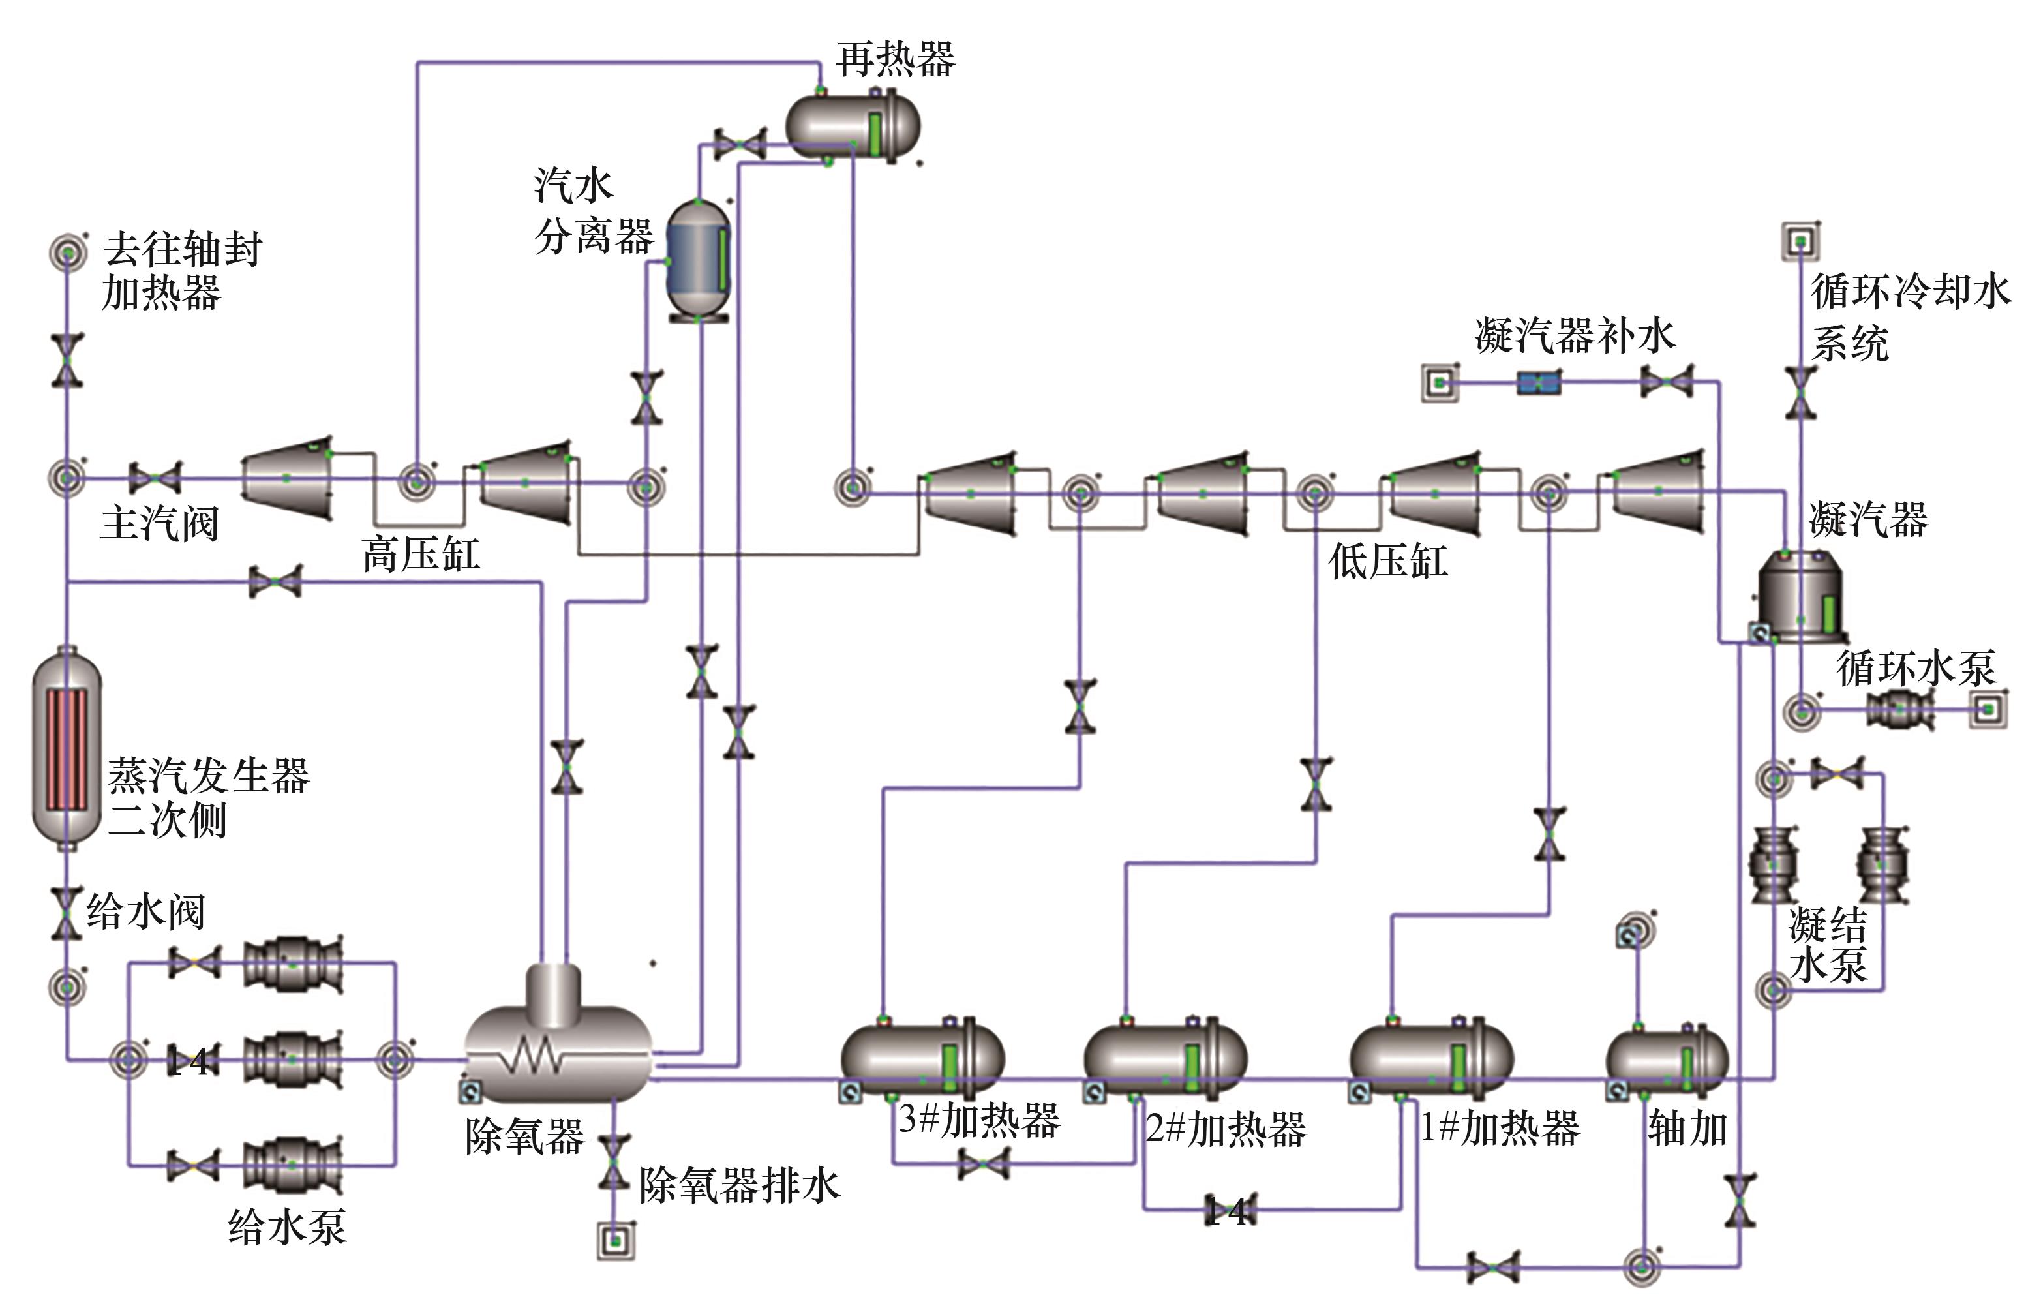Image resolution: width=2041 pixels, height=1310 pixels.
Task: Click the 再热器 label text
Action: (895, 59)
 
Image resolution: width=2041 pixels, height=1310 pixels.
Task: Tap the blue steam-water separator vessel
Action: (698, 260)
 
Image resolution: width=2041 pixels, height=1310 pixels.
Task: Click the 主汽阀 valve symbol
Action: (154, 478)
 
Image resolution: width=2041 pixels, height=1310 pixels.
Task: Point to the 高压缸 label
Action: (421, 555)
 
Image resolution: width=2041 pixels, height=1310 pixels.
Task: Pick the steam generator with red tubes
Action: (67, 748)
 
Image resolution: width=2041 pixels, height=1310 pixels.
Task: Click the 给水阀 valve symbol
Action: (67, 913)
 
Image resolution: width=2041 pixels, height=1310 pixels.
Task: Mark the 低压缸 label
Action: (1388, 562)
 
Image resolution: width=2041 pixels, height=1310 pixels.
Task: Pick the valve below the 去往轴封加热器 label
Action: (67, 361)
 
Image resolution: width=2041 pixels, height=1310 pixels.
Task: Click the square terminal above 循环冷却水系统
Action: (1800, 241)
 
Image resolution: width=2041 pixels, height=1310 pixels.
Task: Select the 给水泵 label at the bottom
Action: (288, 1226)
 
